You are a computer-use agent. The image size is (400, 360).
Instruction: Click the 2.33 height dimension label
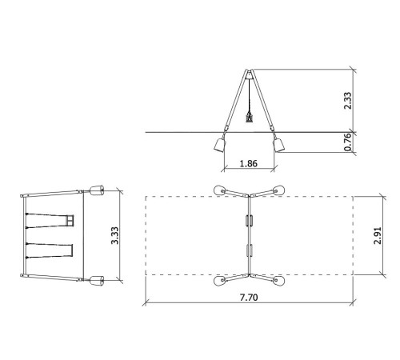pyautogui.click(x=348, y=101)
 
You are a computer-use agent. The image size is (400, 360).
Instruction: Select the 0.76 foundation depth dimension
pyautogui.click(x=347, y=142)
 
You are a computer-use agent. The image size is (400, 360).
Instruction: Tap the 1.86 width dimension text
pyautogui.click(x=249, y=163)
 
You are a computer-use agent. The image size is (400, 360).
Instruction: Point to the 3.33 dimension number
pyautogui.click(x=115, y=235)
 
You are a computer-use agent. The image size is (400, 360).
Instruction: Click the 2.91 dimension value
pyautogui.click(x=378, y=235)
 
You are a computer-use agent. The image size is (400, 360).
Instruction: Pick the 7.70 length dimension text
pyautogui.click(x=249, y=297)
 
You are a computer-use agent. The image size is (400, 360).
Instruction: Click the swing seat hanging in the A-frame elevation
pyautogui.click(x=250, y=117)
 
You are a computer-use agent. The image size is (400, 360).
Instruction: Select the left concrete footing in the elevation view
pyautogui.click(x=220, y=145)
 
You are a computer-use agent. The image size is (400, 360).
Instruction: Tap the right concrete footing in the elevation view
pyautogui.click(x=279, y=145)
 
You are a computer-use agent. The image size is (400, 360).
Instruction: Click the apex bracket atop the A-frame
pyautogui.click(x=250, y=74)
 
